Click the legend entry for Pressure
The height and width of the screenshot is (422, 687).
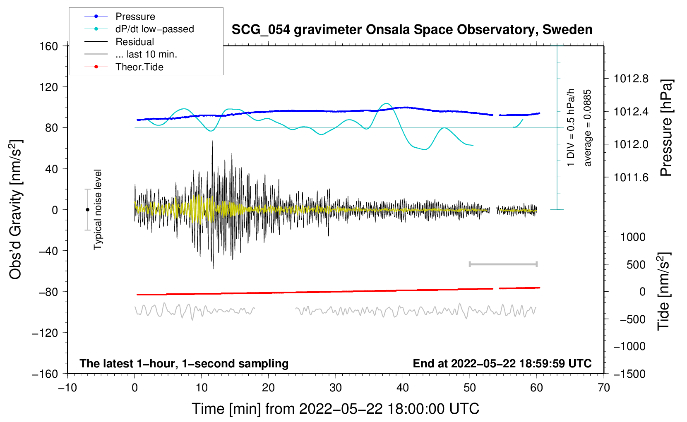135,17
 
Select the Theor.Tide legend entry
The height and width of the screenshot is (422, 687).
139,67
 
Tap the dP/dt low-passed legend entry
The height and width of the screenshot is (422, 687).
154,29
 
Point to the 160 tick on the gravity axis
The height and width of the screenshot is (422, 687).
49,46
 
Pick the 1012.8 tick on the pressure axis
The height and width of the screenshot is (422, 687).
631,79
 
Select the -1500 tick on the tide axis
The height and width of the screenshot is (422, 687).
629,374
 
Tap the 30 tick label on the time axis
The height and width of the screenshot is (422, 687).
336,388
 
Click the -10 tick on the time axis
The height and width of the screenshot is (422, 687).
67,388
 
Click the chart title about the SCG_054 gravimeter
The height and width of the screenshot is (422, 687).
412,30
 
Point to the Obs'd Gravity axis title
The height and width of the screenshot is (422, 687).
16,209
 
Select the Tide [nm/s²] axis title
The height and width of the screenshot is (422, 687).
664,291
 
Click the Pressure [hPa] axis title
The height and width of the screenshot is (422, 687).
666,128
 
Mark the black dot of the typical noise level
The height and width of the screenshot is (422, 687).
87,210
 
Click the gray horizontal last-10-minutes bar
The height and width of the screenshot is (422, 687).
503,264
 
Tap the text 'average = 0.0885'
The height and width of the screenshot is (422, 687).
588,128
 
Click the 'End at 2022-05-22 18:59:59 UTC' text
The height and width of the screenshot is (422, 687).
502,363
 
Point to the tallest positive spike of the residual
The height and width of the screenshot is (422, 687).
212,141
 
